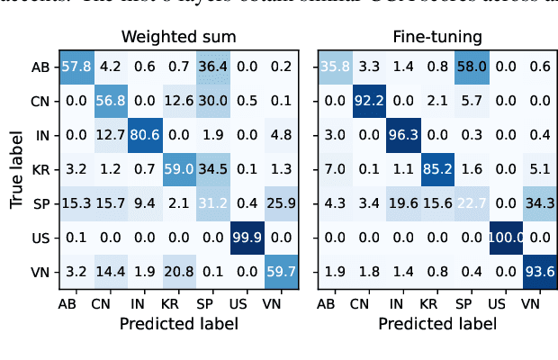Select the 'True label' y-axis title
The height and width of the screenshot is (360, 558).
click(16, 169)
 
